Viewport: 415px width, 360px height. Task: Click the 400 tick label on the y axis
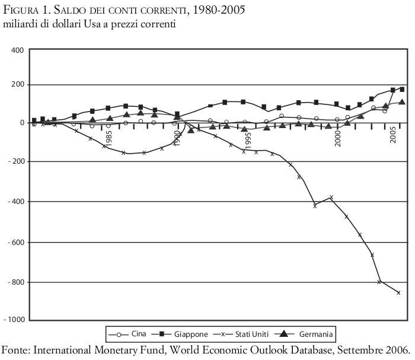coord(17,50)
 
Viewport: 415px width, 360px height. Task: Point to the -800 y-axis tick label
coord(14,282)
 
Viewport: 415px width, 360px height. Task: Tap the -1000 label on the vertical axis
coord(12,320)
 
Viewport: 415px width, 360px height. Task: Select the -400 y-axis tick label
coord(14,201)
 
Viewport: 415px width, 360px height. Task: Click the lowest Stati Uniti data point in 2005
coord(398,292)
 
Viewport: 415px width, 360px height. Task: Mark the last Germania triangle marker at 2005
coord(402,102)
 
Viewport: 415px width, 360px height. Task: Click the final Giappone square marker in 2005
coord(402,90)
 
